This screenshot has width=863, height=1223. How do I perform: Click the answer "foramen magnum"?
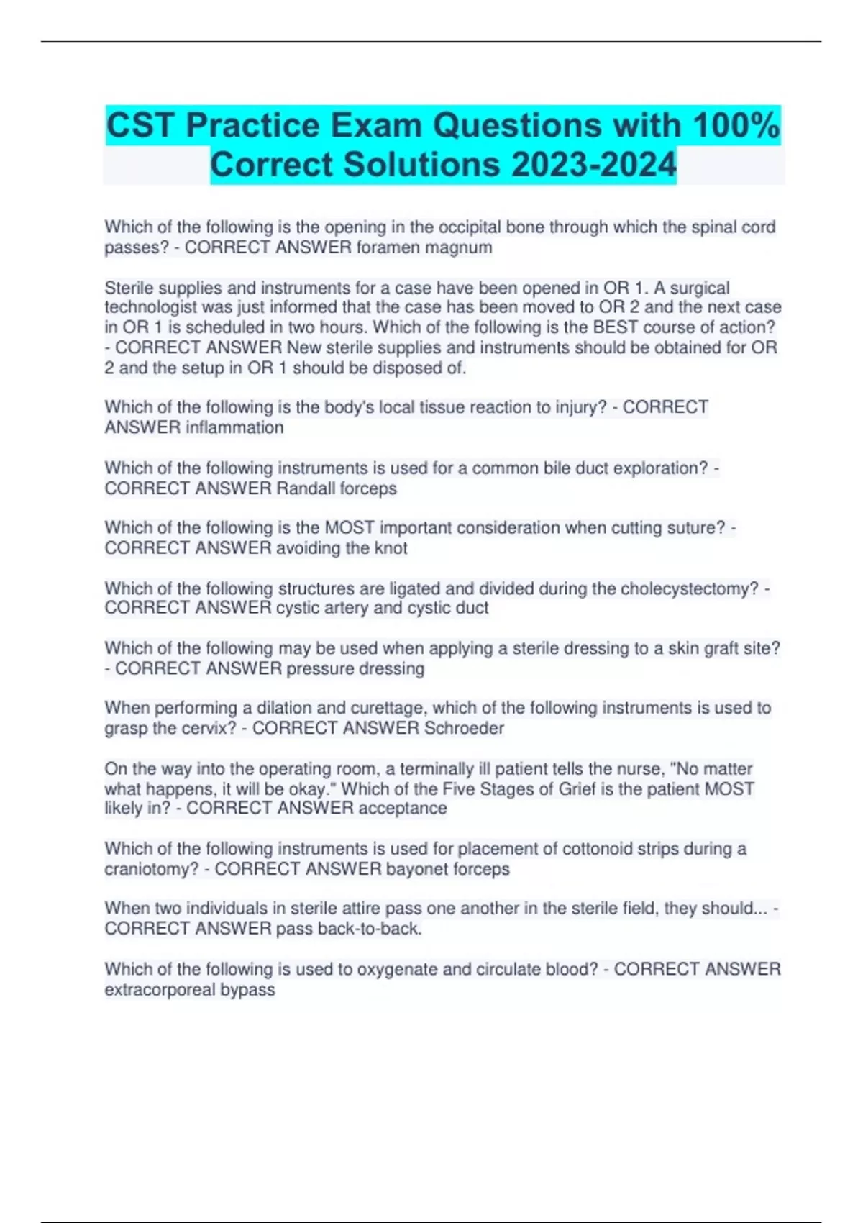click(424, 247)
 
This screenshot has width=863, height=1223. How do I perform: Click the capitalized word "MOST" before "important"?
click(350, 528)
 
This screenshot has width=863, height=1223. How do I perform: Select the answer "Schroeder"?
click(464, 728)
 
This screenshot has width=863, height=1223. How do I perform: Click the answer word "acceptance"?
click(403, 809)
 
